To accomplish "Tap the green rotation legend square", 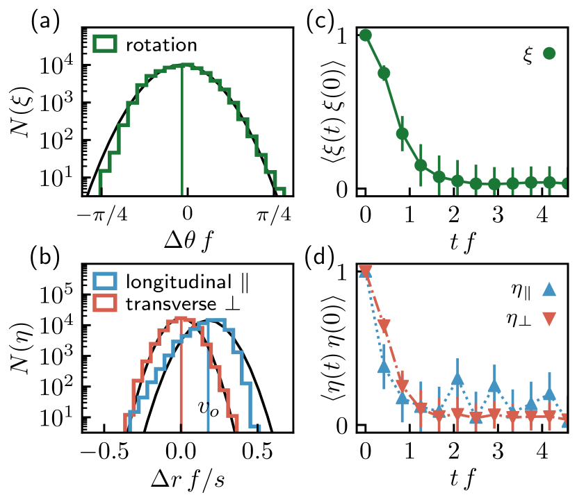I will [105, 46].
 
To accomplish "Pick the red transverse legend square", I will [105, 303].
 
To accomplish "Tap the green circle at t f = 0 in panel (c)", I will [366, 35].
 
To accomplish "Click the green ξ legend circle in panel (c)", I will [549, 53].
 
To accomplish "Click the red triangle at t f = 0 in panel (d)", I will [366, 270].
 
